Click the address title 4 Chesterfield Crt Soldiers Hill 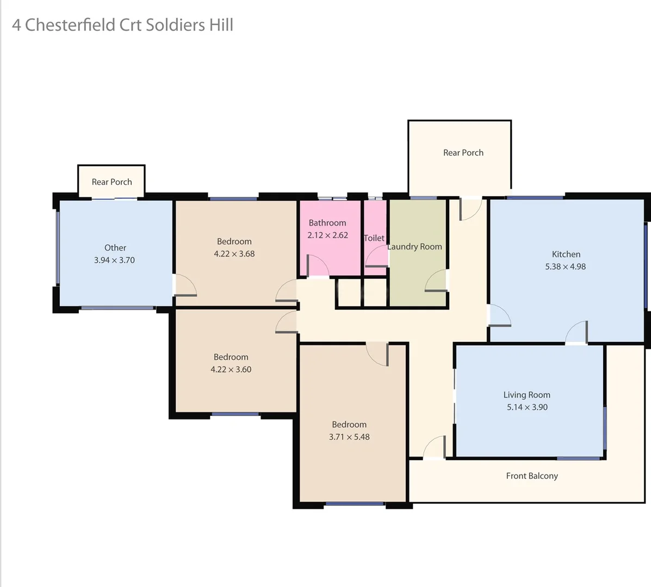tap(122, 25)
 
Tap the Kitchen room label tap(566, 254)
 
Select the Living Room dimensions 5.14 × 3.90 tap(527, 407)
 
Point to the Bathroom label tap(327, 223)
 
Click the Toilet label tap(374, 238)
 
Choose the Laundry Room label tap(415, 247)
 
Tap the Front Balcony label tap(532, 476)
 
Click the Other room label tap(115, 248)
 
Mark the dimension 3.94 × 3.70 tap(114, 260)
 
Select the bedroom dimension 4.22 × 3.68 tap(234, 254)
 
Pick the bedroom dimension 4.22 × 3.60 tap(231, 370)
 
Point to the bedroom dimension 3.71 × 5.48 tap(349, 437)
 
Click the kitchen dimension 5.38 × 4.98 tap(566, 267)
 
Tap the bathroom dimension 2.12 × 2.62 tap(327, 235)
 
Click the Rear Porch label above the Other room tap(111, 182)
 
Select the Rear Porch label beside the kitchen tap(463, 153)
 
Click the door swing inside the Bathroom tap(317, 266)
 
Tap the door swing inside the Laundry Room tap(436, 281)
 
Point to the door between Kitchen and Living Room tap(576, 333)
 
